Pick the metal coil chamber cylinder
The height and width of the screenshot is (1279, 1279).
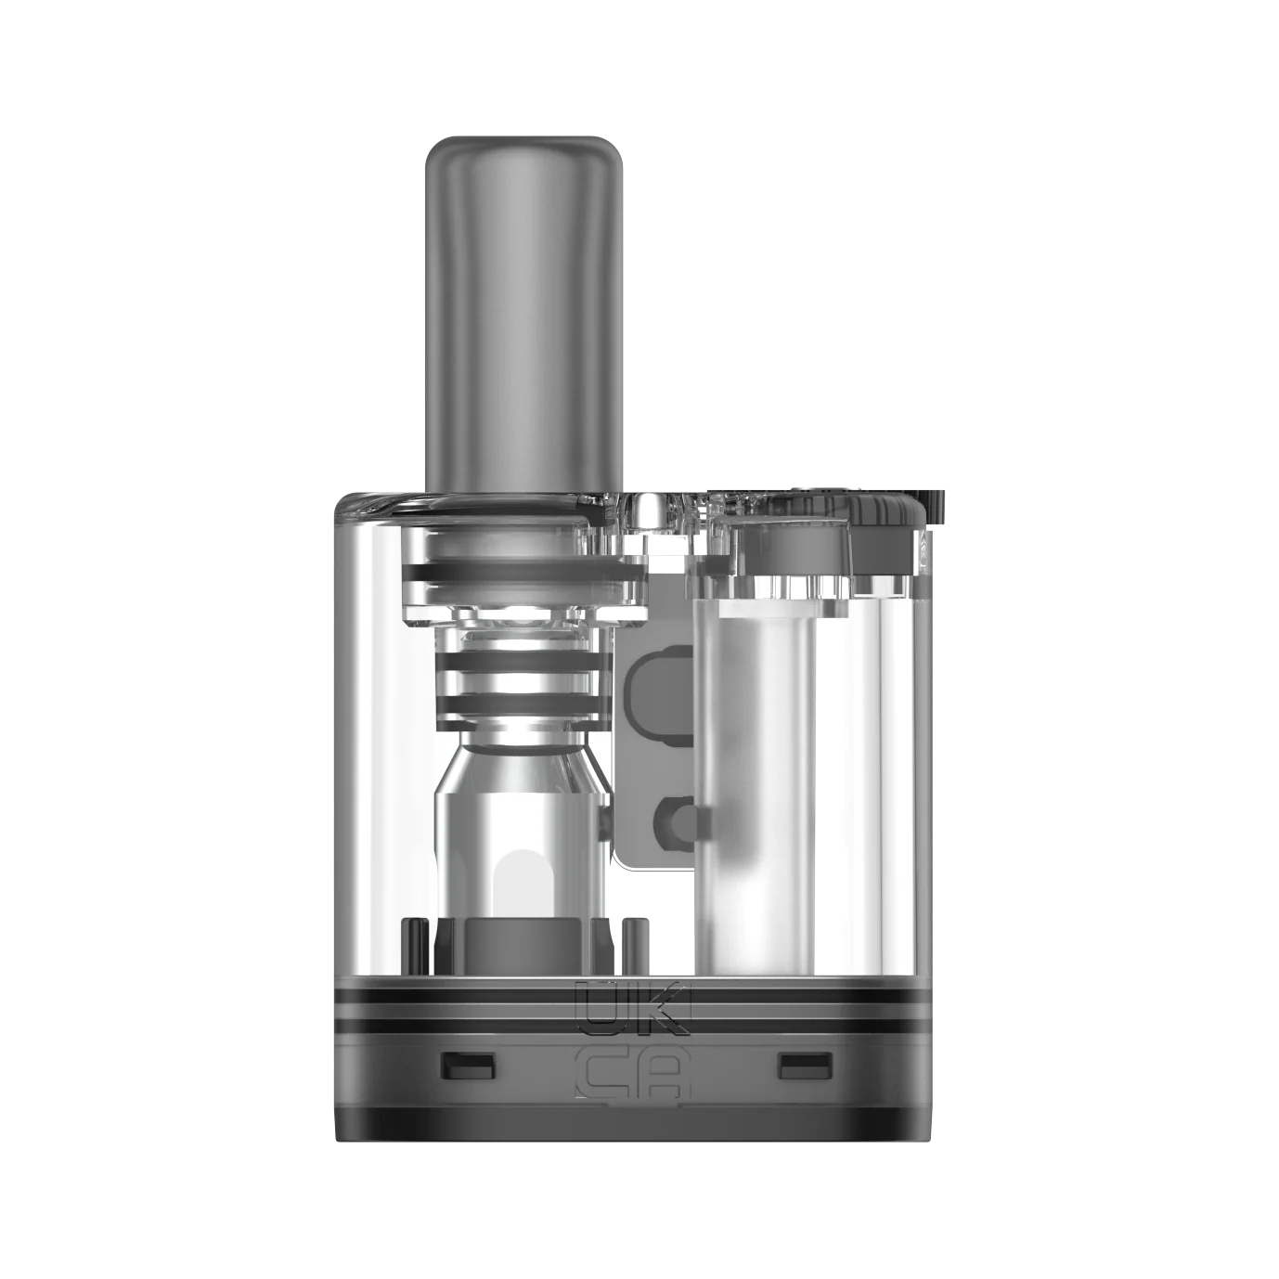click(x=520, y=849)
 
